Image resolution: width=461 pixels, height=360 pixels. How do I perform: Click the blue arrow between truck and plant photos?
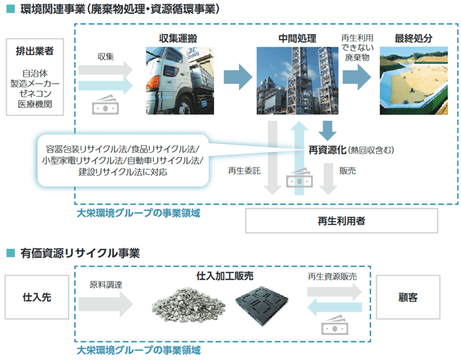coord(237,77)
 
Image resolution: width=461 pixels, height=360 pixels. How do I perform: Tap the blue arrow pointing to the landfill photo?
coord(357,77)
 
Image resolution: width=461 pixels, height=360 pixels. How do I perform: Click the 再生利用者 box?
coord(341,222)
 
